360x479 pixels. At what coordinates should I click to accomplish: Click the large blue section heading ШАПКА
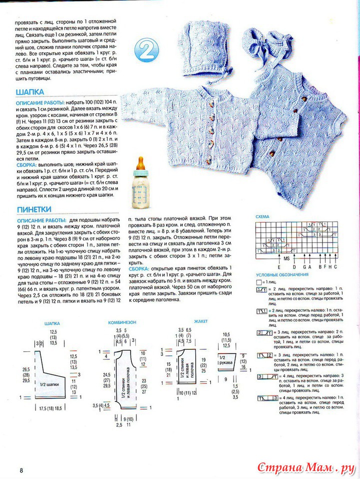[x=30, y=92]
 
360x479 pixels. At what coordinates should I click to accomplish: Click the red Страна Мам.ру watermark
[x=306, y=468]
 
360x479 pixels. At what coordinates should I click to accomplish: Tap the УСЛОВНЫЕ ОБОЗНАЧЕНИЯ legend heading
[x=282, y=274]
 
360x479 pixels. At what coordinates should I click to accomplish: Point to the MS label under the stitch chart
[x=287, y=259]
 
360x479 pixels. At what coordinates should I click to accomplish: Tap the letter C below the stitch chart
[x=336, y=266]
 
